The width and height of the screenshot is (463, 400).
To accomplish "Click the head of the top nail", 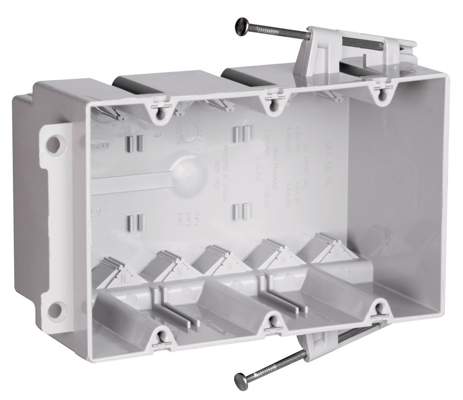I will click(x=242, y=27).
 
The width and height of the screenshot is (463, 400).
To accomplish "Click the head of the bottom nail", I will click(x=241, y=381).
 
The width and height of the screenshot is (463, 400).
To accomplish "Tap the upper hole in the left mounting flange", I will click(x=53, y=145).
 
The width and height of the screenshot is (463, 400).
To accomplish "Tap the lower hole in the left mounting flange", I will click(x=55, y=311).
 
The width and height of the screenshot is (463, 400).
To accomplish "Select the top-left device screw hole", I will click(x=161, y=115).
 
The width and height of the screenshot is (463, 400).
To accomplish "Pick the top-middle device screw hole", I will click(x=273, y=104).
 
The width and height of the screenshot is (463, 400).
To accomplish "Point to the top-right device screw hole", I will click(x=383, y=94).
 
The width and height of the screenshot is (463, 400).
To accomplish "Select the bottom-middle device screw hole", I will click(x=273, y=322).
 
